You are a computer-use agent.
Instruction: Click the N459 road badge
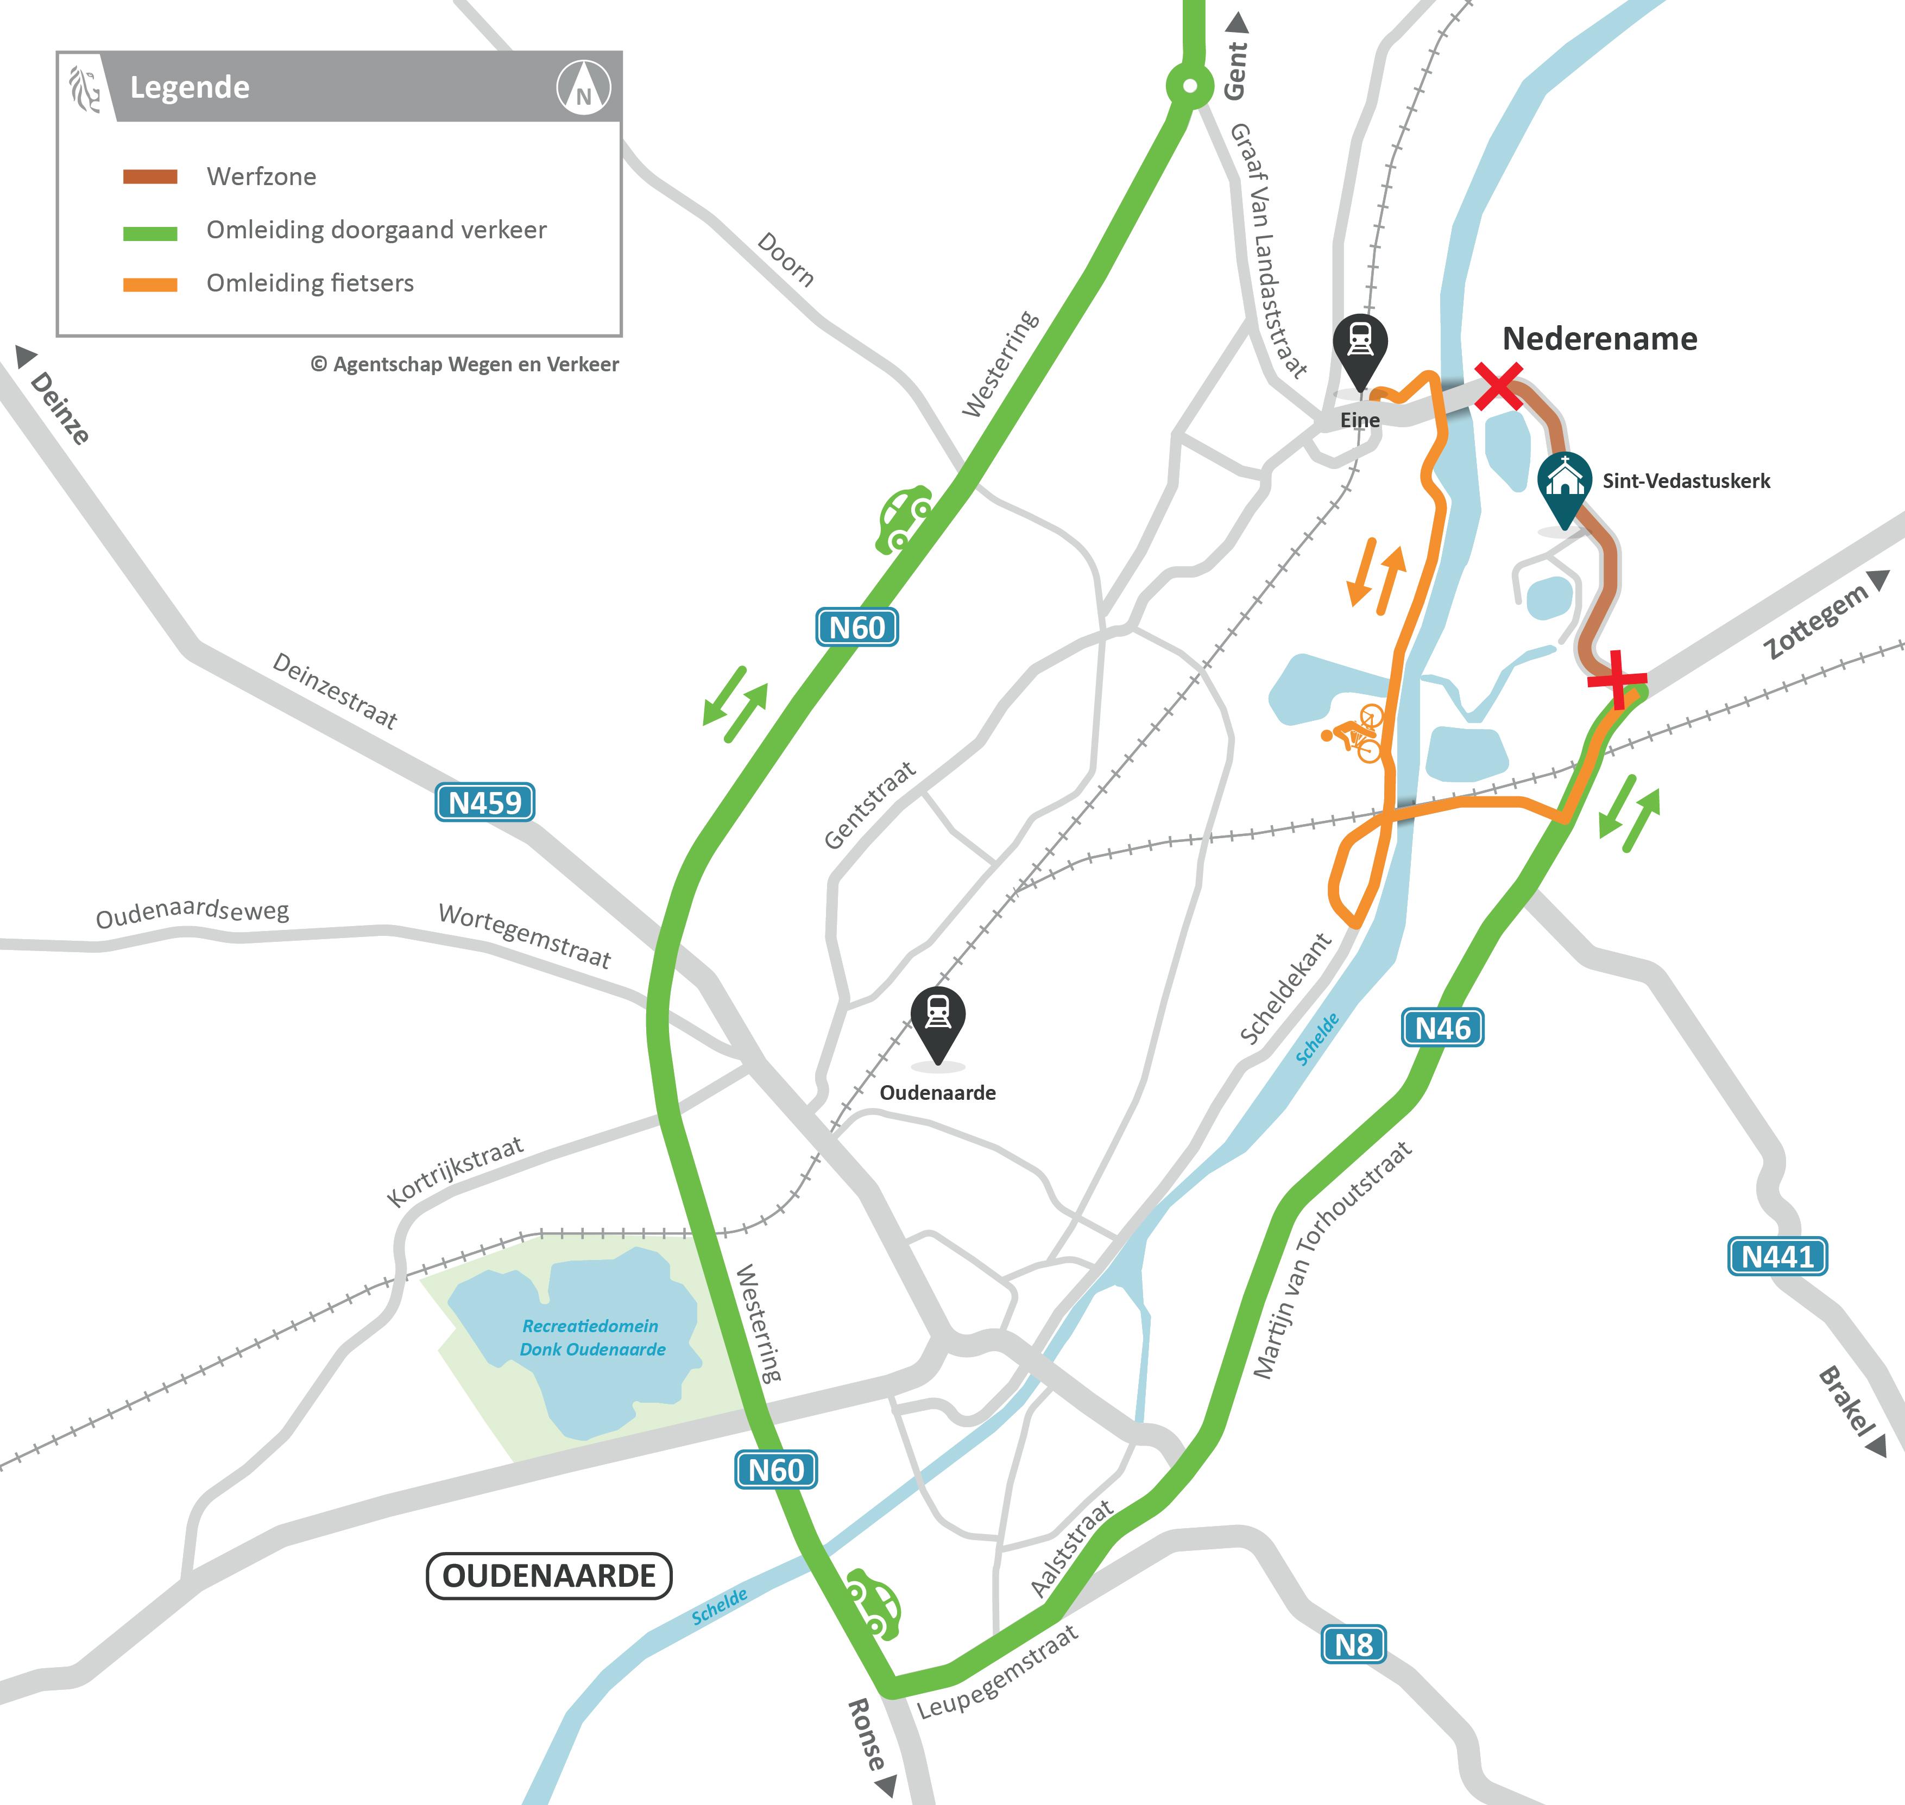(484, 801)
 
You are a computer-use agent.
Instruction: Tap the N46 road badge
(1442, 1028)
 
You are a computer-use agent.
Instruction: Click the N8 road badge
(1353, 1644)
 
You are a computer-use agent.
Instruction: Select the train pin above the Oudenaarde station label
(938, 1018)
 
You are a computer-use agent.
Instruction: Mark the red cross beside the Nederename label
(1499, 386)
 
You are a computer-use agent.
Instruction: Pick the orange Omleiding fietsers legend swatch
(150, 284)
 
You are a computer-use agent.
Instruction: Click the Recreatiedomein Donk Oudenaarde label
(592, 1338)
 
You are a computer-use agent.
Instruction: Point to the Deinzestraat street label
(335, 690)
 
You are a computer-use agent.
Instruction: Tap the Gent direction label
(1236, 69)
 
